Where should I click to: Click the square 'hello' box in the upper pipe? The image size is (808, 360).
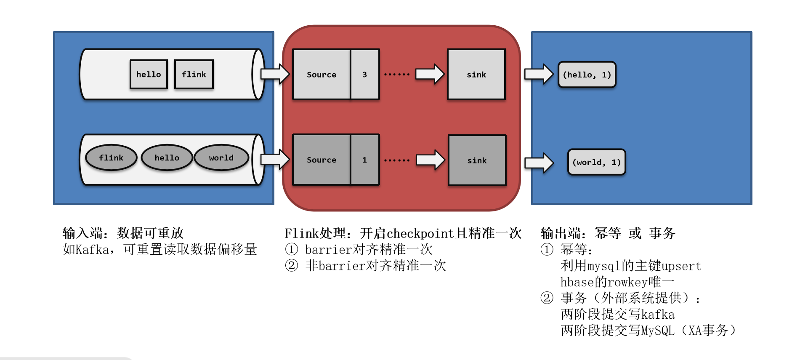149,75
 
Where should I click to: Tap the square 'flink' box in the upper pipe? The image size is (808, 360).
194,75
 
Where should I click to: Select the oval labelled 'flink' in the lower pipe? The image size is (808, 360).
111,158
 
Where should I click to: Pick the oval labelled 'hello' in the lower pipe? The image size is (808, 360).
167,158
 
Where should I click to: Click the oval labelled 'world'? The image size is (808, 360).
221,158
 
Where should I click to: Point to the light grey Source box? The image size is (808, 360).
322,75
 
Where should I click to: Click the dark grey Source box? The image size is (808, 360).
322,160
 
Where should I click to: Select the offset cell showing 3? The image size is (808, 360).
364,75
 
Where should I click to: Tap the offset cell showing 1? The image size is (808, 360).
364,160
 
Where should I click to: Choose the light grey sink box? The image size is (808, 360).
476,75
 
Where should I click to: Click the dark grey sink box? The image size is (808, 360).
477,160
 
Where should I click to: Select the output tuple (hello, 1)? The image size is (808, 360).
587,75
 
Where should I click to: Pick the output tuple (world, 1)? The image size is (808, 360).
596,162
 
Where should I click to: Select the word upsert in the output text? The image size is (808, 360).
681,266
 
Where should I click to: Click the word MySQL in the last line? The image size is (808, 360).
657,331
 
